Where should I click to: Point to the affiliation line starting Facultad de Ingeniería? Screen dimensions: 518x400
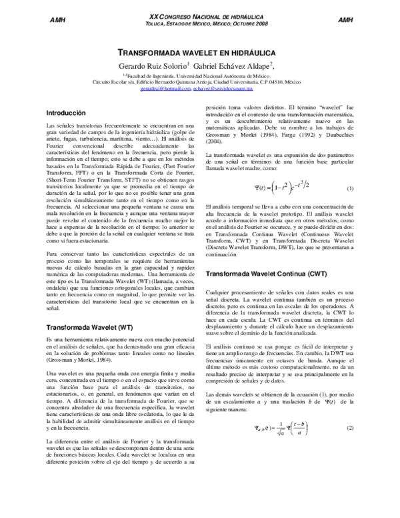(201, 77)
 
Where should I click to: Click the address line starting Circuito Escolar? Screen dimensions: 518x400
(201, 83)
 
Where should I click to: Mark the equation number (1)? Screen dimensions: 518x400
(350, 189)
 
